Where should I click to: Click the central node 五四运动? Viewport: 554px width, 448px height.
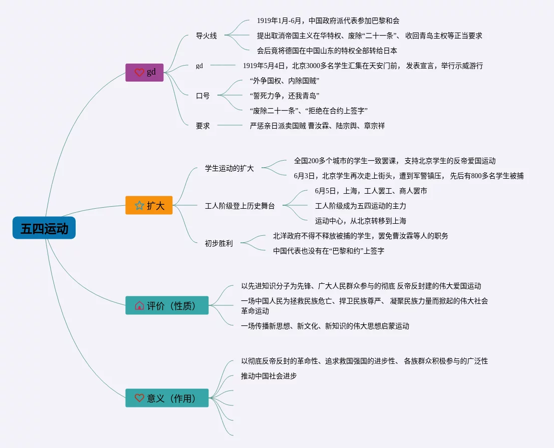point(44,228)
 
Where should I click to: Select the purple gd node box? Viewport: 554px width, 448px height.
point(144,72)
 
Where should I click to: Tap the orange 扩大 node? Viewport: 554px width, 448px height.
point(149,205)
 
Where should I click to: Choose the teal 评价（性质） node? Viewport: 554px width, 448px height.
point(167,305)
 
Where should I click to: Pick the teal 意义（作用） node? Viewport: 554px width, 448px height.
point(167,398)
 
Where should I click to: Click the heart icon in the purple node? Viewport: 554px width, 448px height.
point(139,73)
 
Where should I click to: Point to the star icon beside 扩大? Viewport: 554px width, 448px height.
point(139,205)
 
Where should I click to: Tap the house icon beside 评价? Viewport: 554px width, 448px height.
point(139,305)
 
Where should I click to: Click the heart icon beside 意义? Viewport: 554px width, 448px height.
point(139,398)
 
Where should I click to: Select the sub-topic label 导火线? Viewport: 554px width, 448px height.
point(206,36)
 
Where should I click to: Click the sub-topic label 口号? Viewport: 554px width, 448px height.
point(203,96)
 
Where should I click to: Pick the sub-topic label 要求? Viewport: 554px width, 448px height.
point(203,126)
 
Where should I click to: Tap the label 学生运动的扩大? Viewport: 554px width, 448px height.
point(229,168)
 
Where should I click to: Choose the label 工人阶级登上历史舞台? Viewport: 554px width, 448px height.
point(240,206)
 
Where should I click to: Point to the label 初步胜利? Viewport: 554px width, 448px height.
point(219,243)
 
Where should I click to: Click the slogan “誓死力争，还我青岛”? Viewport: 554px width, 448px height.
point(284,96)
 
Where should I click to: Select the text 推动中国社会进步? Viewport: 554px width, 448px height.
point(269,376)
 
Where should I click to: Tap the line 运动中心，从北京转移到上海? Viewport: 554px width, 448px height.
point(361,221)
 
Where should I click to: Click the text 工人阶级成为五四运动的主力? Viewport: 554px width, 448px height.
point(361,206)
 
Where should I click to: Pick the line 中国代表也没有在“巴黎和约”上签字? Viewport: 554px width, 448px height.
point(329,251)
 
